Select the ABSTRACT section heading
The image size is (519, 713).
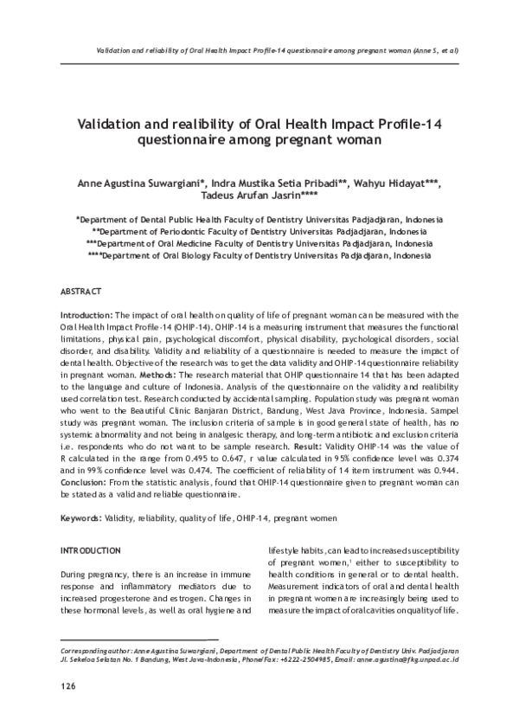80,292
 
